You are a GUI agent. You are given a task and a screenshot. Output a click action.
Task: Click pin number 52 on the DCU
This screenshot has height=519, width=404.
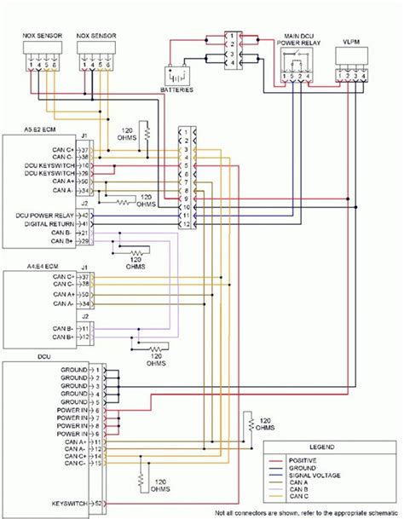point(99,505)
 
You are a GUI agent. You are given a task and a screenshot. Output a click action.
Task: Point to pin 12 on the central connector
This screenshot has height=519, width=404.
point(183,224)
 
